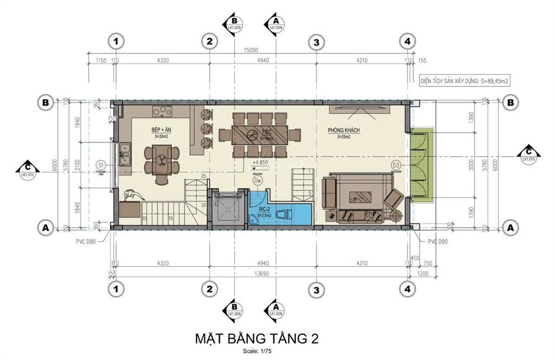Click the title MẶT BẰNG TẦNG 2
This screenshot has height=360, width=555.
[x=256, y=339]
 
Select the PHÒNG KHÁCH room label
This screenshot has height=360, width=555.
[x=344, y=131]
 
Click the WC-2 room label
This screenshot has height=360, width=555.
[x=264, y=209]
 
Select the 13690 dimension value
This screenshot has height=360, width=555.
[x=250, y=273]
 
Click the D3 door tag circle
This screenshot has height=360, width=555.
[x=396, y=165]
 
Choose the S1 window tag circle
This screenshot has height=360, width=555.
[x=101, y=164]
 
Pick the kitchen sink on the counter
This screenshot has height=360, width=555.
[x=125, y=153]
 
